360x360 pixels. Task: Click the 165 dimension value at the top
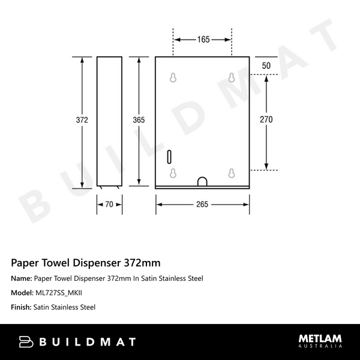(x=203, y=40)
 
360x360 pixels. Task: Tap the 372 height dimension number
(x=82, y=120)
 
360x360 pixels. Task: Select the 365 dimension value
(x=139, y=120)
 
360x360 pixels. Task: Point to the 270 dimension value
(x=266, y=120)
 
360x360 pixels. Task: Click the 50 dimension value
(x=266, y=65)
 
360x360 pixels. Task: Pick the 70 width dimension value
(x=109, y=205)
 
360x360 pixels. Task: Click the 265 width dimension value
(x=202, y=205)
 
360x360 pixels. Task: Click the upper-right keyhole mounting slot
(x=231, y=77)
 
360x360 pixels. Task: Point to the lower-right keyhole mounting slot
(x=231, y=173)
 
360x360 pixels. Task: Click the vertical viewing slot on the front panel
(x=170, y=157)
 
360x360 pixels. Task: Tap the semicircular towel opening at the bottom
(x=202, y=181)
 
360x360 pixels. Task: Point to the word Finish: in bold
(x=22, y=307)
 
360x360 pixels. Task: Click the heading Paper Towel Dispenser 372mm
(x=86, y=263)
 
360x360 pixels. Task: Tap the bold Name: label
(x=22, y=278)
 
